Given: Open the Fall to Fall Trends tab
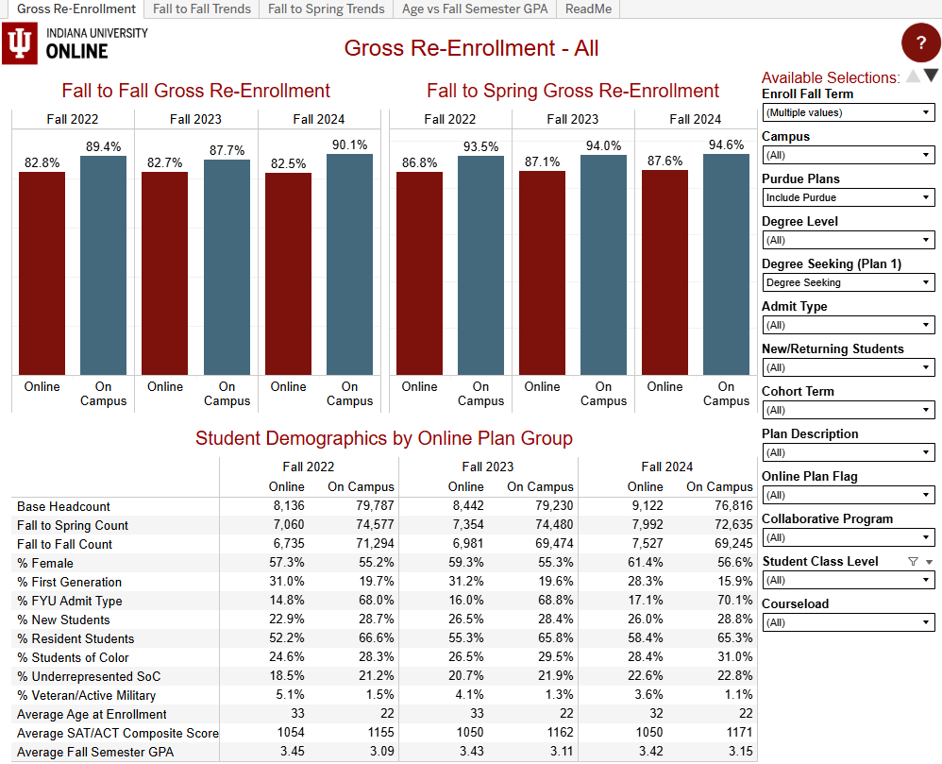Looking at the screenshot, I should [x=202, y=9].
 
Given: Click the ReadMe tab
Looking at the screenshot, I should [x=588, y=9].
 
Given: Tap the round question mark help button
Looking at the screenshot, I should [x=920, y=42].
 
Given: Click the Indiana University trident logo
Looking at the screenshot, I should [x=19, y=43].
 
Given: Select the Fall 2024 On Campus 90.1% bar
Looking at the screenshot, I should [x=349, y=264].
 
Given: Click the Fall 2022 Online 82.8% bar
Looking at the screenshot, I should [x=42, y=274].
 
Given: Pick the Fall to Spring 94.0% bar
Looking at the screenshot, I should [x=603, y=264].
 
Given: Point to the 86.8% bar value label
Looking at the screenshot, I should [x=419, y=162].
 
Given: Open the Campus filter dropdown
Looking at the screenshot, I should [x=848, y=155].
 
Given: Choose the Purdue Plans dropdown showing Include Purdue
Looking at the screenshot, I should [x=848, y=197].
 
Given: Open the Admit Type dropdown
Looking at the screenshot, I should [x=848, y=325].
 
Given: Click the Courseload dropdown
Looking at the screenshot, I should [x=848, y=622].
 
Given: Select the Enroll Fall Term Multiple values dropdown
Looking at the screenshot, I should [x=848, y=112].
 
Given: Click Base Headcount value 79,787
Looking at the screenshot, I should [x=372, y=506].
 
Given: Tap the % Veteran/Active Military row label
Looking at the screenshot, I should [x=86, y=695].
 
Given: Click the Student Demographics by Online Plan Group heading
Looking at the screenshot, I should [x=383, y=438].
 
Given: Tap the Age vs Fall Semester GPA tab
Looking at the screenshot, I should [x=474, y=9].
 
